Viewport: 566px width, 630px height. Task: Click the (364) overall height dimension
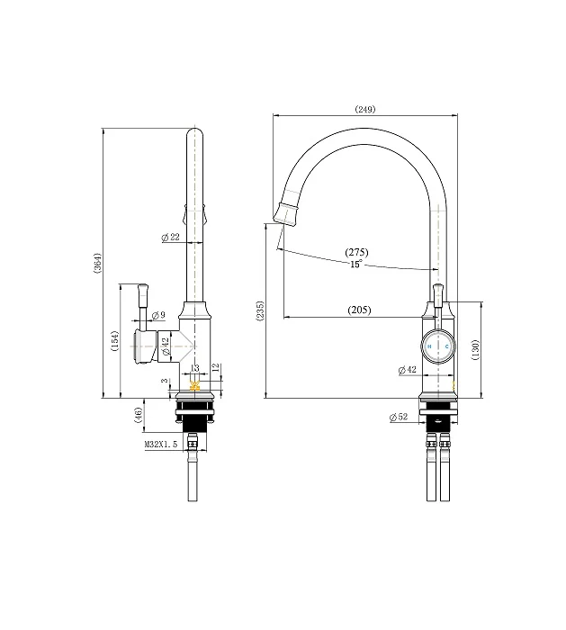[x=97, y=263]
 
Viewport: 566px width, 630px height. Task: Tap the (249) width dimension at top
[x=365, y=109]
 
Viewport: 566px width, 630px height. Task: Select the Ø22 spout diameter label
[x=170, y=237]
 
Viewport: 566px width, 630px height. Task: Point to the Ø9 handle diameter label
[x=158, y=315]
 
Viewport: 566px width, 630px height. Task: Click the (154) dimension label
[x=115, y=341]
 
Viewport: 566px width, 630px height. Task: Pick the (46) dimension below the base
[x=139, y=415]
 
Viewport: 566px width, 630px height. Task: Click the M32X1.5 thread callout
[x=161, y=445]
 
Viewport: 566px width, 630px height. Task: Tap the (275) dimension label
[x=356, y=252]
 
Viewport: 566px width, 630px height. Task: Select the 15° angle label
[x=356, y=264]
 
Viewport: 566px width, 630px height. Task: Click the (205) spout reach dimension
[x=359, y=310]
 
